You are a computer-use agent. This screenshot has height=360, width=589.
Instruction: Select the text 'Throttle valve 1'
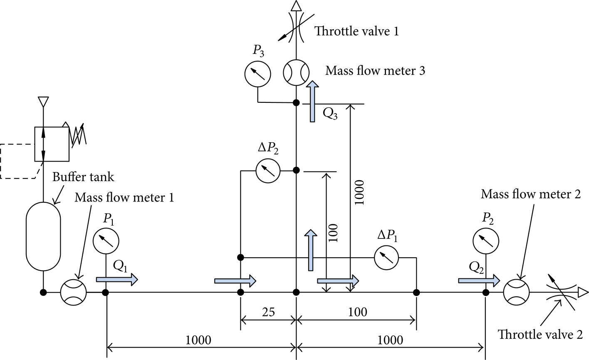[357, 31]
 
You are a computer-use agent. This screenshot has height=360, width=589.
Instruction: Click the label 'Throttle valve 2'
[540, 335]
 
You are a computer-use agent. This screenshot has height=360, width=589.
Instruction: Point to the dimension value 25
[268, 312]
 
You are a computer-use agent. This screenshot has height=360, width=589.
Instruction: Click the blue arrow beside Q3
[312, 101]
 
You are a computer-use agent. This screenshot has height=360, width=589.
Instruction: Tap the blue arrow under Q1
[117, 280]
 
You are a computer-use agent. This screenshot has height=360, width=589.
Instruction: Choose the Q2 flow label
[476, 268]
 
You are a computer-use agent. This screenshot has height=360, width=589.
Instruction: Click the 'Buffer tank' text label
[83, 177]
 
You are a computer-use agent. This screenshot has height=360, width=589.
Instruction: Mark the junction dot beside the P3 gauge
[296, 103]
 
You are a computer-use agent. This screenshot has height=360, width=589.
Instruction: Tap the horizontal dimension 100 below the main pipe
[358, 312]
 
